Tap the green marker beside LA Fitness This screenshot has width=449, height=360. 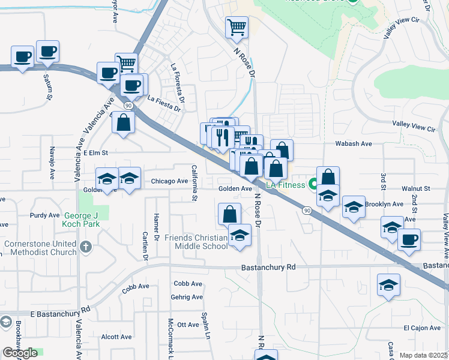click(312, 184)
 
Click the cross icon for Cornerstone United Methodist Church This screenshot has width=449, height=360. click(86, 247)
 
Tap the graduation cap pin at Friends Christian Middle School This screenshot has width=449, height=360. click(240, 235)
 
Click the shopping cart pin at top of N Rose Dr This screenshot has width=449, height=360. click(237, 27)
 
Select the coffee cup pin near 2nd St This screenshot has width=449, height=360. click(409, 240)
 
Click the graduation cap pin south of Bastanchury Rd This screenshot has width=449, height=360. click(388, 286)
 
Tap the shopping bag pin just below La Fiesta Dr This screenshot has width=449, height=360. click(123, 122)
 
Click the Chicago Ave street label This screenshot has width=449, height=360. click(169, 181)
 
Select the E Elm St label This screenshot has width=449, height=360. click(95, 154)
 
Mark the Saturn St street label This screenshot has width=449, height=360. click(47, 87)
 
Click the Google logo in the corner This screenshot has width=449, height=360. click(20, 353)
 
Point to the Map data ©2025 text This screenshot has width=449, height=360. click(424, 355)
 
